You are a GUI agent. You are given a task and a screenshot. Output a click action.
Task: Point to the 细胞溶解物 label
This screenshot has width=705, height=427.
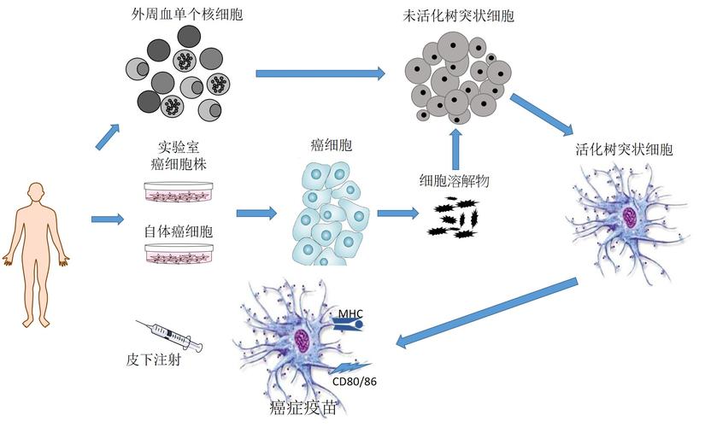point(453,181)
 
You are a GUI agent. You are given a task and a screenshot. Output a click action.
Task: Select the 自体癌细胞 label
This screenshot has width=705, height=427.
point(178,231)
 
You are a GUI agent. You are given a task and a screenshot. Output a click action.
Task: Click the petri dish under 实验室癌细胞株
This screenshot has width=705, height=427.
point(179,191)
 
